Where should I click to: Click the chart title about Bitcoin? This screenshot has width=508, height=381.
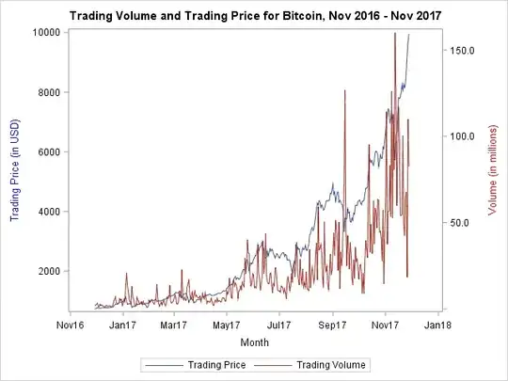[x=254, y=15]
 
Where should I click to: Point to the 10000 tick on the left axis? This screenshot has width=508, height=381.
[x=45, y=32]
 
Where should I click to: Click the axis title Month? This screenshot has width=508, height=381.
[x=254, y=341]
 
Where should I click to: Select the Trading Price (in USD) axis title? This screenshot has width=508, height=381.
[x=15, y=170]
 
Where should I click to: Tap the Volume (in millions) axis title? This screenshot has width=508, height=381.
[x=492, y=170]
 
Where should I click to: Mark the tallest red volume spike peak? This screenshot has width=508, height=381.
[x=394, y=34]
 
